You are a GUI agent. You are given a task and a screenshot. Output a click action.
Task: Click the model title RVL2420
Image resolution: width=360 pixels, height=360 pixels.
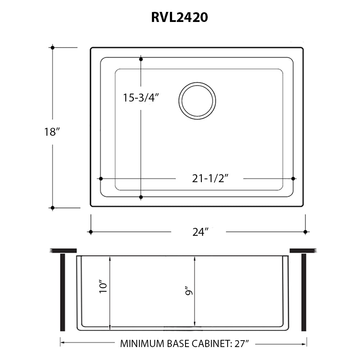point(179,18)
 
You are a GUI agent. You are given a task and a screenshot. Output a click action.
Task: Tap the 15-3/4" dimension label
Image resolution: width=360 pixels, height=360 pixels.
point(141,98)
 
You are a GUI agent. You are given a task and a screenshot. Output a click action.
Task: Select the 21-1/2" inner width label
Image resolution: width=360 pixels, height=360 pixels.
point(211,179)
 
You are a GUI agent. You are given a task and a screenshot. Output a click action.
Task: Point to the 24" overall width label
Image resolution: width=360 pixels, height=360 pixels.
point(201,232)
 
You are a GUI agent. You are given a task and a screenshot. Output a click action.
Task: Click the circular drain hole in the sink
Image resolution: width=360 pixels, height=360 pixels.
point(197,101)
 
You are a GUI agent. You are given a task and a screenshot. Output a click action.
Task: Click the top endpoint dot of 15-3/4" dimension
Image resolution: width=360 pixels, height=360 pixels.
point(141,59)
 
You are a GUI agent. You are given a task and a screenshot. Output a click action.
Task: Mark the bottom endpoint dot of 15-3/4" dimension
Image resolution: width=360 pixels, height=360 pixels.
point(141,197)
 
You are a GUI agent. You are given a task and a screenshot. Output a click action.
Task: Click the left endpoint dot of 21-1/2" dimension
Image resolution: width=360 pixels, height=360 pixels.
point(101,179)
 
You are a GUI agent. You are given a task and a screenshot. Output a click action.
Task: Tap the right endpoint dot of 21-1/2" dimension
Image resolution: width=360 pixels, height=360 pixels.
point(293,179)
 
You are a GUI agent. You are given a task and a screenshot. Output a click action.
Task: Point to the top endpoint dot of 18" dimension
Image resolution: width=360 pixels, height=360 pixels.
point(53,48)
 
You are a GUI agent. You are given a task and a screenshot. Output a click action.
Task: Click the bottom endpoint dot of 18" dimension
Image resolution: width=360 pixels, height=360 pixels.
point(53,208)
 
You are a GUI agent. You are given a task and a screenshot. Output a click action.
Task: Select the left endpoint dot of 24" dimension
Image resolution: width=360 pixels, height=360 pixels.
point(91,232)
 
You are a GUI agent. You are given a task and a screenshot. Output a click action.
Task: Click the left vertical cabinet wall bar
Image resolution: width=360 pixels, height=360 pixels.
point(63,292)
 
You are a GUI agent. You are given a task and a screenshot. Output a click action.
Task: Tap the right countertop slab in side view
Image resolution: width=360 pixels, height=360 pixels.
point(303,250)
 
